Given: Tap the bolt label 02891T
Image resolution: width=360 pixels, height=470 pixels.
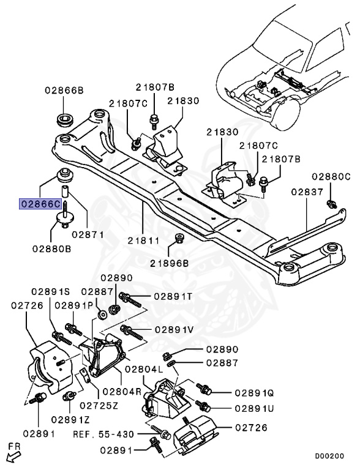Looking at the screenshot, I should coord(173,296).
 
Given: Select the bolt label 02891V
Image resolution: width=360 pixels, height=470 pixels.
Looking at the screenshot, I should coord(174,329).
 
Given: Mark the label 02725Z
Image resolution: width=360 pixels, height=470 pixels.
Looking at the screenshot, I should coord(99,405).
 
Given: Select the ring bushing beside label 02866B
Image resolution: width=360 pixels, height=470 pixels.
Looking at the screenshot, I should coord(63,117).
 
